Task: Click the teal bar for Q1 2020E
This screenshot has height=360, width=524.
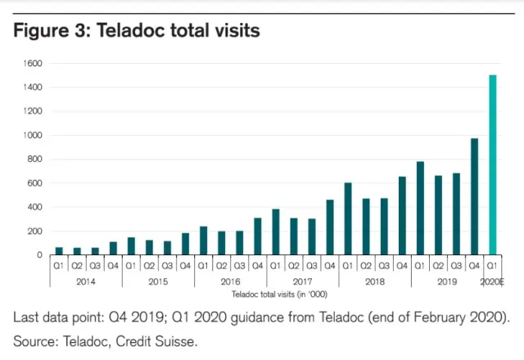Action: coord(493,164)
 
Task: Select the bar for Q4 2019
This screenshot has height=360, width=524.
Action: coord(475,196)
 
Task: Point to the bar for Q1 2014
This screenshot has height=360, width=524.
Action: coord(59,250)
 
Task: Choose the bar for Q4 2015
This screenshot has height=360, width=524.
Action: coord(186,244)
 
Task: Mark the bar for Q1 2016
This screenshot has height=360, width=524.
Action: coord(204,241)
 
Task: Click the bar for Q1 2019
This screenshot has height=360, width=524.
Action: coord(421,208)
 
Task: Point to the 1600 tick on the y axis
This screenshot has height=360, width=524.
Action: coord(32,63)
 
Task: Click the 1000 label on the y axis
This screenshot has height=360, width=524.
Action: coord(32,135)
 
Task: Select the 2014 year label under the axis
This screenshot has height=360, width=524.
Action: coord(86,281)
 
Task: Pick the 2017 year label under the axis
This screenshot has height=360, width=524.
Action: coord(303,281)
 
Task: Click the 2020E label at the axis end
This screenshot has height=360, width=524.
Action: coord(493,281)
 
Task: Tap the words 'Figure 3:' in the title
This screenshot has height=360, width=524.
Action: coord(51,31)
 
